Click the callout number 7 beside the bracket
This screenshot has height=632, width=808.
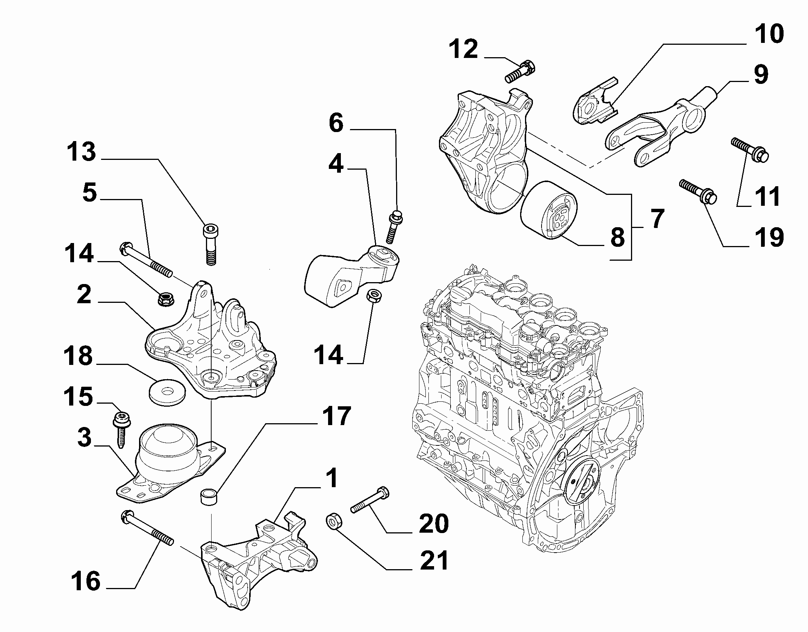coord(657,219)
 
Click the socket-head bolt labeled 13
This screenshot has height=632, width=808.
coord(211,245)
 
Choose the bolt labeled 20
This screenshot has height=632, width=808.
coord(369,500)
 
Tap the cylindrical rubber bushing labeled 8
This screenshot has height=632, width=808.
coord(549,211)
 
